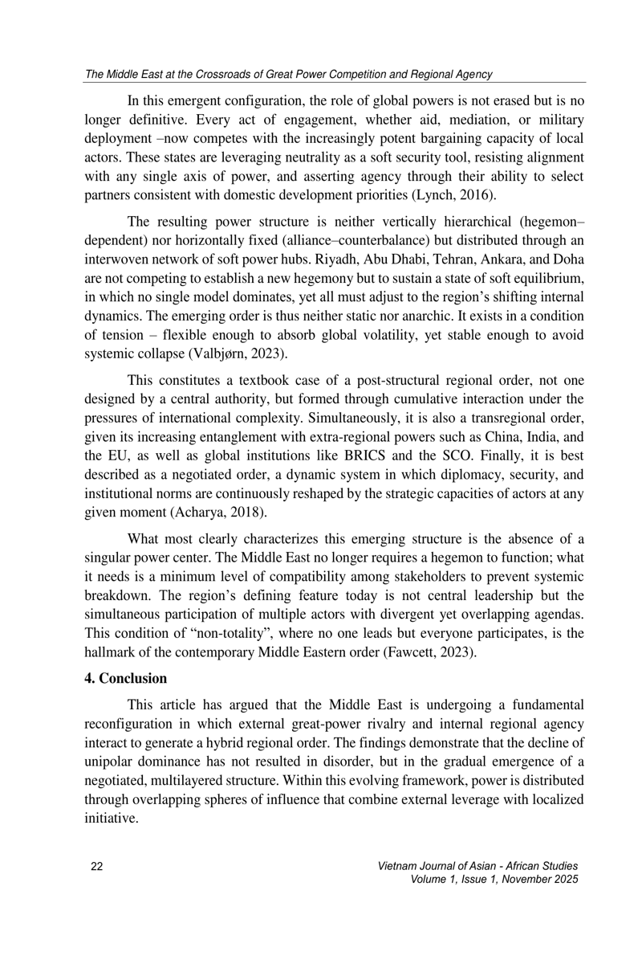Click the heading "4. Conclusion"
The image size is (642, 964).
coord(125,678)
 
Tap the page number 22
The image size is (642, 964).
coord(97,865)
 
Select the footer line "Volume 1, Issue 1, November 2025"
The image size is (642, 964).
coord(494,880)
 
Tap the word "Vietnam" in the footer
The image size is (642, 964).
coord(396,865)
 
